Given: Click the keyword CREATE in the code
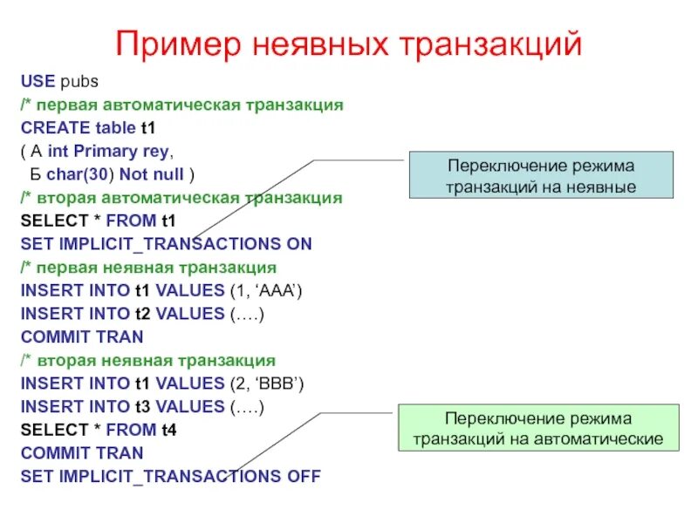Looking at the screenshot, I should pyautogui.click(x=55, y=128).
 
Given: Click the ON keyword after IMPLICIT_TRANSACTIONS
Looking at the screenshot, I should pyautogui.click(x=298, y=244).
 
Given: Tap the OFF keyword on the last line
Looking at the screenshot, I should pyautogui.click(x=302, y=477).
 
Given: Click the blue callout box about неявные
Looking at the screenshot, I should pyautogui.click(x=541, y=175).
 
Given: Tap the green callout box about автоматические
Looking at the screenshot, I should pyautogui.click(x=538, y=428).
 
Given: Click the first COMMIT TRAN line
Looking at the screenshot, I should pyautogui.click(x=82, y=337).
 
